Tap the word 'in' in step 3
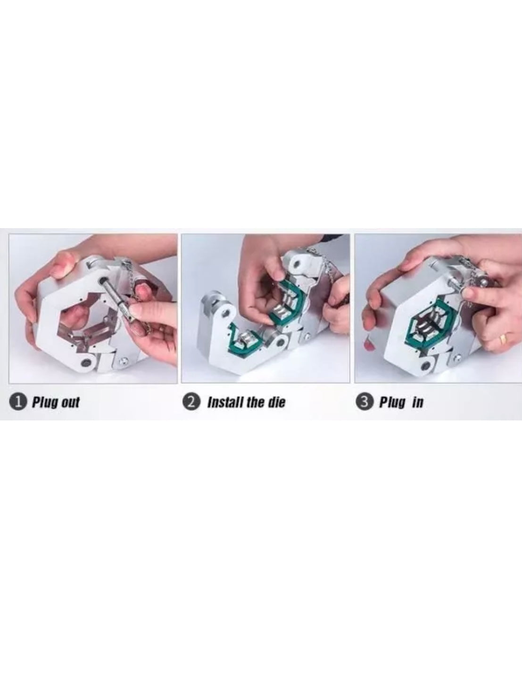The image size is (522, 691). coord(417,402)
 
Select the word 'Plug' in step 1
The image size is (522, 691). coord(44,403)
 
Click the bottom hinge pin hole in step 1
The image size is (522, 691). coord(84,362)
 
